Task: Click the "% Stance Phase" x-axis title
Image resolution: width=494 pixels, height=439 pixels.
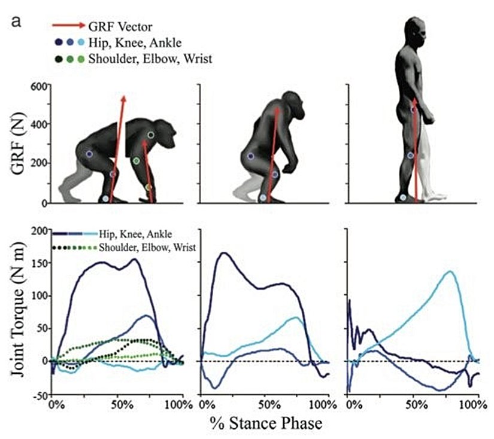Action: (266, 423)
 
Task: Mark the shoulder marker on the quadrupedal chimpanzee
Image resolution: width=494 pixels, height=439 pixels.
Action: (151, 135)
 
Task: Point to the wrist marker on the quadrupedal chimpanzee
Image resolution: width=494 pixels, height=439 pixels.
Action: (148, 187)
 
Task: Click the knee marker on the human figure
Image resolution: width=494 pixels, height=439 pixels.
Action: (411, 156)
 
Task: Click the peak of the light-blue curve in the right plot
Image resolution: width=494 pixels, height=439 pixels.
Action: (450, 272)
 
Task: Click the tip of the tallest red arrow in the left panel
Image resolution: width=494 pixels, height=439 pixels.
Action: (123, 96)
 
